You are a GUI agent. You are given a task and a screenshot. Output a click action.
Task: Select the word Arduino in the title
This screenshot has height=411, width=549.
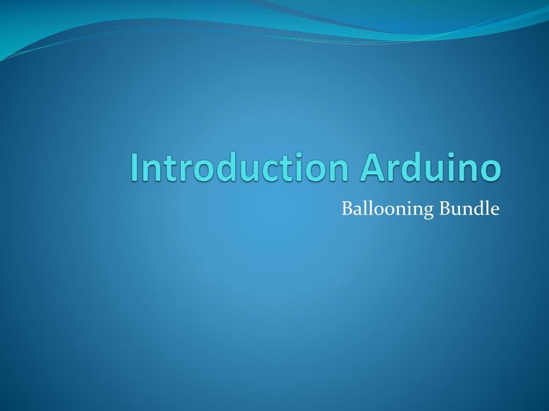(x=431, y=167)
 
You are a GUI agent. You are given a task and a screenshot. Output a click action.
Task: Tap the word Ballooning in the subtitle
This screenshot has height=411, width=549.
(x=388, y=209)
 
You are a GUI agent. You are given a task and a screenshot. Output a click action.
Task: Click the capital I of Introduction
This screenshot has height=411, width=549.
(x=134, y=167)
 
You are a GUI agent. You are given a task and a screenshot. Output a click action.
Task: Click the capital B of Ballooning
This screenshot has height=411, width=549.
(x=346, y=208)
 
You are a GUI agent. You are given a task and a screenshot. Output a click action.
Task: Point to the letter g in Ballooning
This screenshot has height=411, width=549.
(x=428, y=211)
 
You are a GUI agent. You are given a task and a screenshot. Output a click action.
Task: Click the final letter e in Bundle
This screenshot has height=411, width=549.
(x=495, y=210)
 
